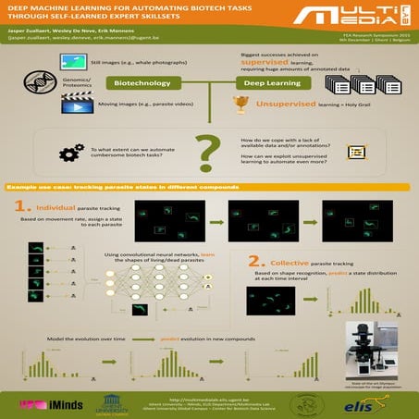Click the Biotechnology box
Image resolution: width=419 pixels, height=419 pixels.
pyautogui.click(x=143, y=83)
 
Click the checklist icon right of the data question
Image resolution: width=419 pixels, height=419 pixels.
pyautogui.click(x=353, y=153)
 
